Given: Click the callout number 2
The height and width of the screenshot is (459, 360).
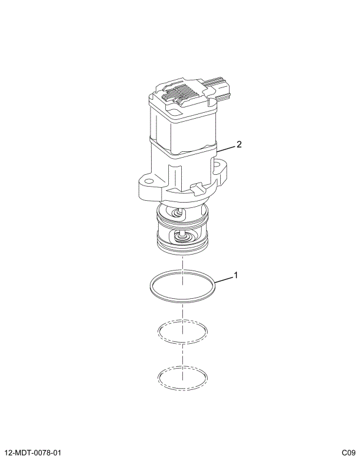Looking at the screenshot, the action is tap(239, 144).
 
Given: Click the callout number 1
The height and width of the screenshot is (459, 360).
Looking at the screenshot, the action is tap(235, 275).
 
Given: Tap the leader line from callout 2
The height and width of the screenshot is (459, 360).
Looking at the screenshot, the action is tap(226, 148).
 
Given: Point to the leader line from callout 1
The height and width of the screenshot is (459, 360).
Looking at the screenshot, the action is tap(223, 279).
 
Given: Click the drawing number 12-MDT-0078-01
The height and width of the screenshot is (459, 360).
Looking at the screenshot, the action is tap(33, 453).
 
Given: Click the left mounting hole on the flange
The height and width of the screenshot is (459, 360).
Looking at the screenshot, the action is tap(149, 181).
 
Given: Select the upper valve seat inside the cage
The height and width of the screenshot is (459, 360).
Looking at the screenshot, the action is tap(178, 213).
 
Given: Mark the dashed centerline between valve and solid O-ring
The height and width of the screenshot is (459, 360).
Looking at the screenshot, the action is tap(183, 269).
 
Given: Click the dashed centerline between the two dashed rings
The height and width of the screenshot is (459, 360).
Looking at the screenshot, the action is tap(183, 354).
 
